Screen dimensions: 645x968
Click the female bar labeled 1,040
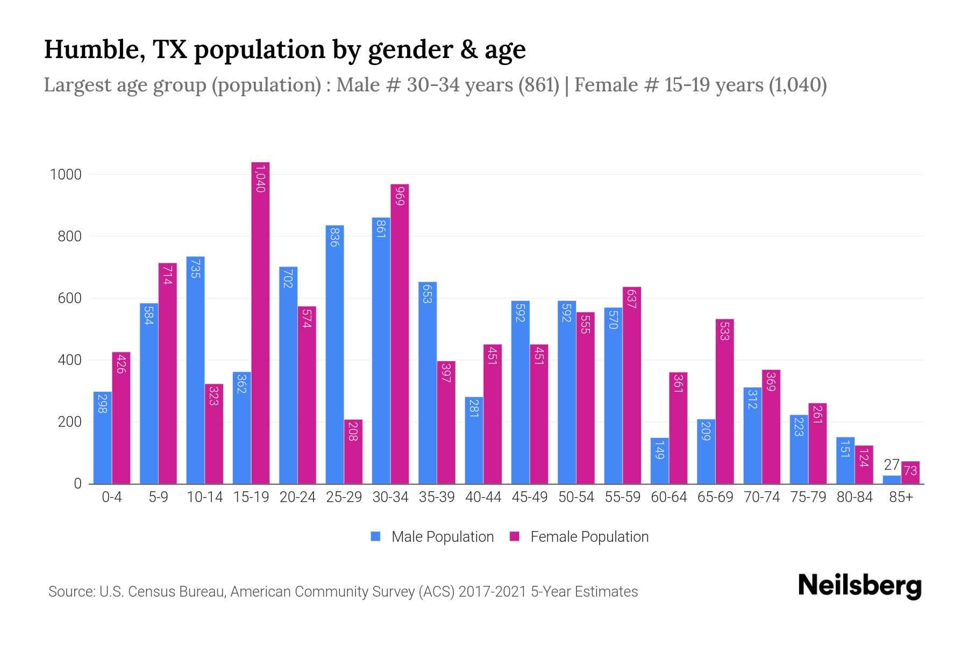click(x=260, y=322)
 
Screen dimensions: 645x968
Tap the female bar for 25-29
click(x=353, y=451)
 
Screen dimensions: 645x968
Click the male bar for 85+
click(x=891, y=479)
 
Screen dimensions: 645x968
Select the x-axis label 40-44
click(x=483, y=497)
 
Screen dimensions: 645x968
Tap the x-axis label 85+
click(x=901, y=497)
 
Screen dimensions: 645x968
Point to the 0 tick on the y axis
click(x=77, y=484)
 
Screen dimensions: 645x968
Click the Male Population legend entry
click(x=442, y=537)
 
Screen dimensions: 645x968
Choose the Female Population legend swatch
click(x=515, y=536)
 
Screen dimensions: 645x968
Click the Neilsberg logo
click(x=859, y=586)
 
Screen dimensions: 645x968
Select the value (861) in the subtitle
click(x=538, y=85)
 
